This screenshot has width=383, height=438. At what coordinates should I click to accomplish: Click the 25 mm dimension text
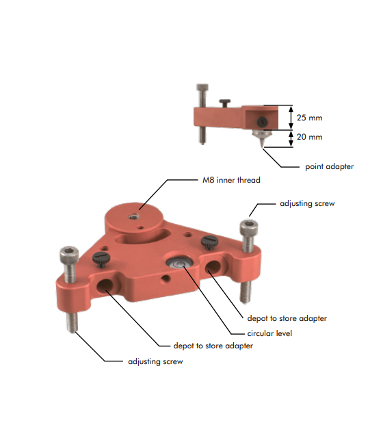tap(310, 118)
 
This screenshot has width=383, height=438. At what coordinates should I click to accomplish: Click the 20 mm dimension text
tap(310, 137)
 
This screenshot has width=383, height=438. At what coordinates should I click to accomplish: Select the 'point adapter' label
tap(329, 166)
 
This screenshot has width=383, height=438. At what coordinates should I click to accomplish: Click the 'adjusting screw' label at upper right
tap(308, 204)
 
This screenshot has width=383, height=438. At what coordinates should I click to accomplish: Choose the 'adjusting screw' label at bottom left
tap(155, 361)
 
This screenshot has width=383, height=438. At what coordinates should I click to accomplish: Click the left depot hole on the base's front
tap(108, 284)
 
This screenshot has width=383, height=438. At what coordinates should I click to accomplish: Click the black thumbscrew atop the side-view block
tap(224, 102)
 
